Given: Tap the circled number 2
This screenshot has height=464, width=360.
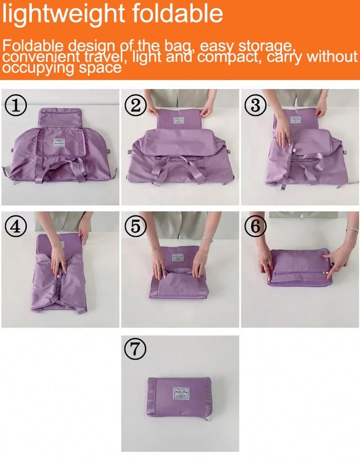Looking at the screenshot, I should click(136, 106).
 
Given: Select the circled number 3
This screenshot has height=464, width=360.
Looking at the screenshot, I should click(256, 106).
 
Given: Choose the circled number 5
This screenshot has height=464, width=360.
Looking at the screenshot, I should click(136, 227).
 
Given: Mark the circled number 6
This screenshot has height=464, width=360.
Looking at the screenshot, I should click(256, 227).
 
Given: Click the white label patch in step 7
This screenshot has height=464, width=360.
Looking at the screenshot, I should click(181, 393).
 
